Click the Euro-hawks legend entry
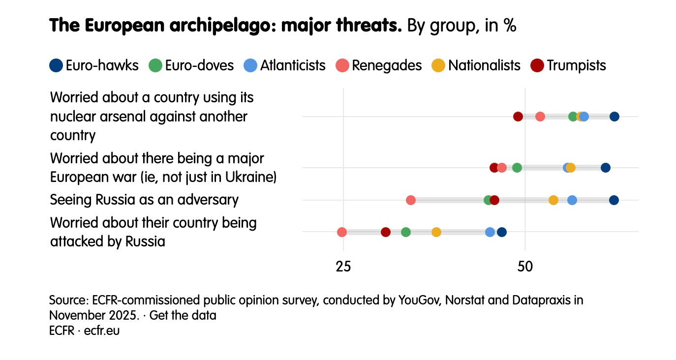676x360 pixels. [94, 65]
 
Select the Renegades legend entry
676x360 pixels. [379, 65]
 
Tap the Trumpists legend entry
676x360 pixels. [568, 65]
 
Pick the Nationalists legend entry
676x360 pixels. [476, 65]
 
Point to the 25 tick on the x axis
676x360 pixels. [343, 267]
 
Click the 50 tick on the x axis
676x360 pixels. [525, 267]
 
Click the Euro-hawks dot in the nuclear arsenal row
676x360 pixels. [614, 117]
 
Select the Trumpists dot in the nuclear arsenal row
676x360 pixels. [518, 117]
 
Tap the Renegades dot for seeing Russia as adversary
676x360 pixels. [411, 200]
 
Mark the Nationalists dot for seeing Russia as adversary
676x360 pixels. [553, 200]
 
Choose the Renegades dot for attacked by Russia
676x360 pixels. [342, 232]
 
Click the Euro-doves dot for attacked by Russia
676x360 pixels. [406, 232]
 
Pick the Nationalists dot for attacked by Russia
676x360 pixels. [436, 232]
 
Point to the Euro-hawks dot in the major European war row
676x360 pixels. [606, 168]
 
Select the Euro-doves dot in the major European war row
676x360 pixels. [517, 168]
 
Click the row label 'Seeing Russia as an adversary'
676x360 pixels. [144, 200]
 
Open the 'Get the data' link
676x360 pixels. [183, 315]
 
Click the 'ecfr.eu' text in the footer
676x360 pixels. [102, 331]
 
